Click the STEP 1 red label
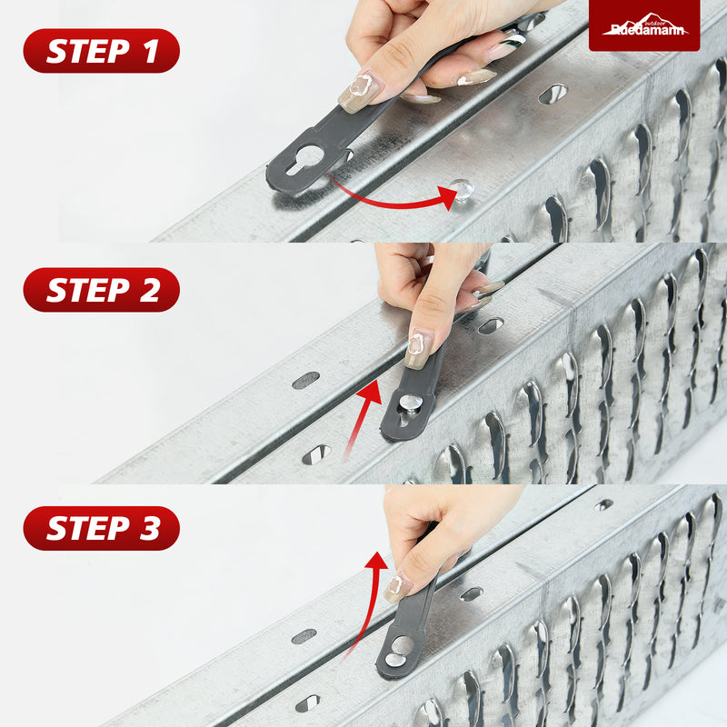(x=102, y=51)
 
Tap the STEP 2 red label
(x=102, y=290)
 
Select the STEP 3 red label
(x=102, y=529)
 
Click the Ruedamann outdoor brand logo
(x=644, y=25)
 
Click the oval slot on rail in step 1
(x=553, y=94)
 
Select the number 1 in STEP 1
(x=151, y=51)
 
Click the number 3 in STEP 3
(x=150, y=529)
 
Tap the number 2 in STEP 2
(x=149, y=290)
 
